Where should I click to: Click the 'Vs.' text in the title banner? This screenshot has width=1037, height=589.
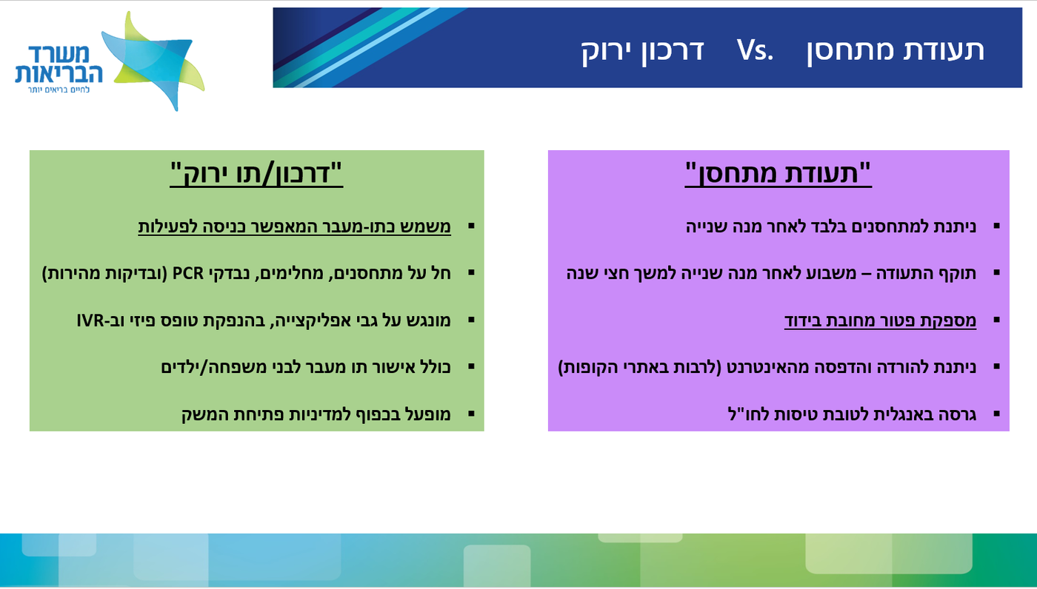coord(755,50)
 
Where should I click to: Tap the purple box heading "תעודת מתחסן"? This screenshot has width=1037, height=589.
coord(778,174)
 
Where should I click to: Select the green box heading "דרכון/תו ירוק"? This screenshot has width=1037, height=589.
coord(256,174)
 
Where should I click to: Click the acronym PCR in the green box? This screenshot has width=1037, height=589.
coord(188,273)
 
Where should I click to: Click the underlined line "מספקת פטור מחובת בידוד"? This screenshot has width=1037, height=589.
coord(880,320)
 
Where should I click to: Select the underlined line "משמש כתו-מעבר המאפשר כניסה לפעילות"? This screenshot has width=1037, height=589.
coord(294,226)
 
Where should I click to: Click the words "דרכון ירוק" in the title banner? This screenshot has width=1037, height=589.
coord(641,50)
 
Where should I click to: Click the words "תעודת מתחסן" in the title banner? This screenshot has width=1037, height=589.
coord(896,50)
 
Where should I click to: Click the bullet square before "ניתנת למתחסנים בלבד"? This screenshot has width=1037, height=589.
coord(996,226)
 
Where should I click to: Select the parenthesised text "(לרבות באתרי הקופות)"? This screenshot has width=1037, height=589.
coord(629,367)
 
